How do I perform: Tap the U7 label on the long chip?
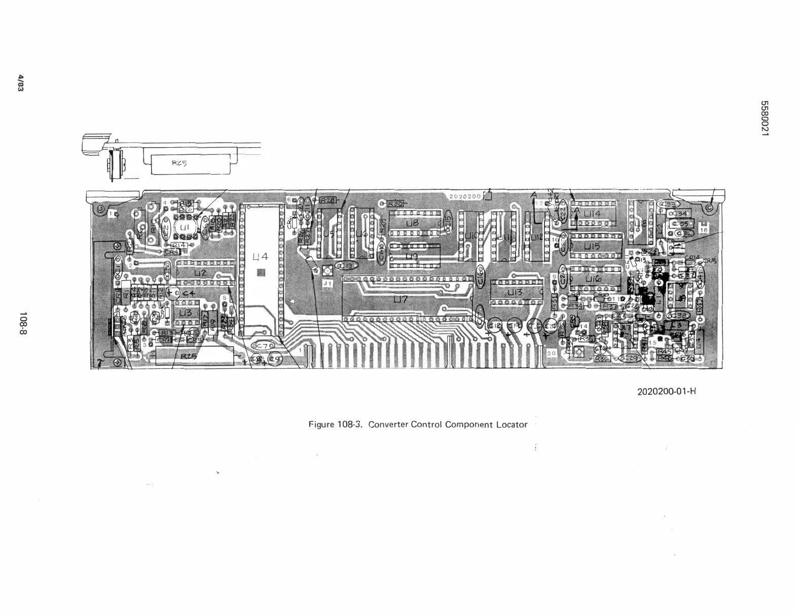[401, 300]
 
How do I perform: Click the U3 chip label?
[186, 313]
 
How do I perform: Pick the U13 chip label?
[515, 293]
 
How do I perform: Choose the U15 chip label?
[592, 246]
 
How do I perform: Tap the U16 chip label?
[594, 279]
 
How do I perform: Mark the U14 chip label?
[591, 214]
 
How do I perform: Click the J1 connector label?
[328, 283]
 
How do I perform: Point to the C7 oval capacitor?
[264, 346]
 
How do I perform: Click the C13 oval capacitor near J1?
[348, 265]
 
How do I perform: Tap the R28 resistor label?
[328, 200]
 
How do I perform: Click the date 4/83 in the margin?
[21, 83]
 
